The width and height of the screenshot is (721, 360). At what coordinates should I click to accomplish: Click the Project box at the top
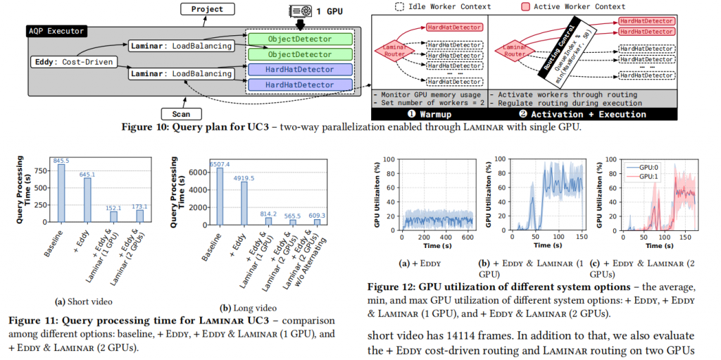pos(207,9)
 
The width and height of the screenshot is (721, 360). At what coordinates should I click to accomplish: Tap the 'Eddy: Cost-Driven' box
pos(73,62)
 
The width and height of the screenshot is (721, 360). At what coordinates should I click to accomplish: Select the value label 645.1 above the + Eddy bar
pos(87,174)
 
